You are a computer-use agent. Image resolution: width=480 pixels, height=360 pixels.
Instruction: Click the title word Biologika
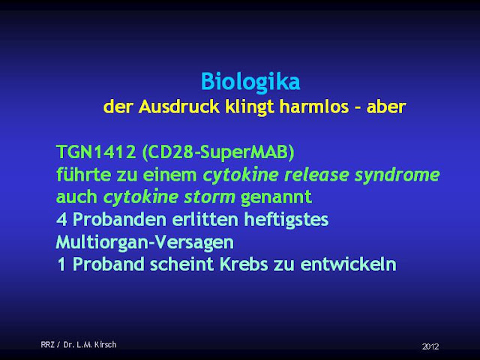[x=250, y=82]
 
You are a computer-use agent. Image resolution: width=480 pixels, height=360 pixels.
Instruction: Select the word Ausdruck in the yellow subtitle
[x=179, y=106]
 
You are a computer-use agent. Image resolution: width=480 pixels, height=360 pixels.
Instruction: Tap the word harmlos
[x=314, y=106]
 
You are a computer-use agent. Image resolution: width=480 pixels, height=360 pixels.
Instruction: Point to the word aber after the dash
[x=386, y=106]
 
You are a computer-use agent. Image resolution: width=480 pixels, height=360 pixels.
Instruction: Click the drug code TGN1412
[x=96, y=151]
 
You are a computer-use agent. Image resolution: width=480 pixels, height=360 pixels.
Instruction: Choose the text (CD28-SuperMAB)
[x=218, y=152]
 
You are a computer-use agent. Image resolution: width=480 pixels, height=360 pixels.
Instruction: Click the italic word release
[x=316, y=174]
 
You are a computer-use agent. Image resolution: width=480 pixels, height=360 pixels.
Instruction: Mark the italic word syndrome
[x=397, y=175]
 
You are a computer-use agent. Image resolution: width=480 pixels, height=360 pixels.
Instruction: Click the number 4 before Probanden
[x=61, y=220]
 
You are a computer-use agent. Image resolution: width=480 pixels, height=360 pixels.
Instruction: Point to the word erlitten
[x=205, y=219]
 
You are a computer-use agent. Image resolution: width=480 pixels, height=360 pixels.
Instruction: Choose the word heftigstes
[x=286, y=220]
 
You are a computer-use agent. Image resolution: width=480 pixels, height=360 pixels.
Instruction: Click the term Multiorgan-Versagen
[x=145, y=242]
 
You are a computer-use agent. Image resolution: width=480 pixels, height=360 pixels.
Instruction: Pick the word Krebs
[x=244, y=264]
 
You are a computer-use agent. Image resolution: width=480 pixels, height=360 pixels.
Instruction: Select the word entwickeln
[x=348, y=264]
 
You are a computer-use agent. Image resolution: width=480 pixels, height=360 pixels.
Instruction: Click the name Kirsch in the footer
[x=105, y=345]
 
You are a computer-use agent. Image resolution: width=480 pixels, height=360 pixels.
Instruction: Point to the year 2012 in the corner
[x=430, y=346]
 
